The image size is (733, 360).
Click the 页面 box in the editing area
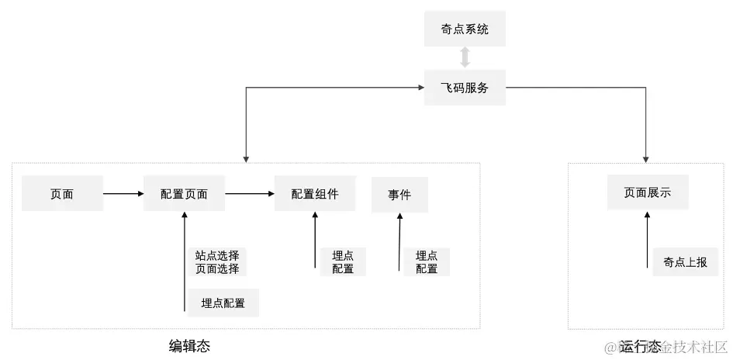(62, 194)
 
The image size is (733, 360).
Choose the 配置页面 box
(185, 194)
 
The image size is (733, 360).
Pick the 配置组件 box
(315, 194)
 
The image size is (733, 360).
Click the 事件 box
(400, 194)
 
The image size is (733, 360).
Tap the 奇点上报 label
(680, 261)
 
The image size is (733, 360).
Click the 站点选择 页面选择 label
(217, 262)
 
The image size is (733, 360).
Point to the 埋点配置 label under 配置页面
(223, 303)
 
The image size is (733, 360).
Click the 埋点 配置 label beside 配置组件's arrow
(343, 262)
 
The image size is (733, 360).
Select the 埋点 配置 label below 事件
(427, 262)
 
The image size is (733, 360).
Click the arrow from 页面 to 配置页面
(123, 194)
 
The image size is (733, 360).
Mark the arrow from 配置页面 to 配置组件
(250, 194)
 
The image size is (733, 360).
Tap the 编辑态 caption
(190, 345)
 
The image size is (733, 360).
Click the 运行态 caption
(641, 345)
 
